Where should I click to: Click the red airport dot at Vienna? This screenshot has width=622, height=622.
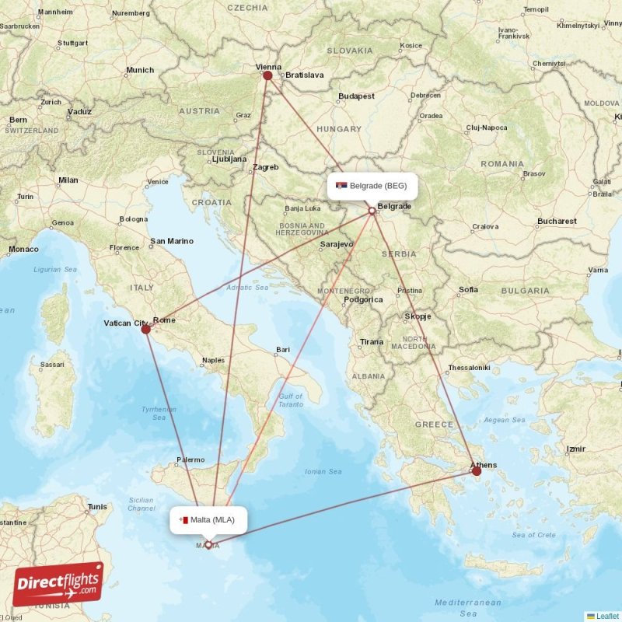click(x=267, y=75)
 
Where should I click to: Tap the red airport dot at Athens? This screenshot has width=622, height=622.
click(x=477, y=470)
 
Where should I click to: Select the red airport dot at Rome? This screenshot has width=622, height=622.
click(x=145, y=329)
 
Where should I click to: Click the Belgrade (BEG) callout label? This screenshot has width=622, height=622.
click(x=372, y=186)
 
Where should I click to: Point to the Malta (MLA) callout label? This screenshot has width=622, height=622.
click(x=208, y=520)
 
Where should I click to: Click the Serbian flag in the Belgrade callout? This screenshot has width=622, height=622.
click(x=341, y=186)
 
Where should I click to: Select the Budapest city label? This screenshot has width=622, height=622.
click(x=356, y=96)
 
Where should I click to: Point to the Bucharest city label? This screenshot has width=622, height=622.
click(x=557, y=222)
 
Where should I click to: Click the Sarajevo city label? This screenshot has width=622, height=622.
click(x=336, y=244)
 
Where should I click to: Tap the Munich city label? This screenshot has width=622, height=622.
click(x=140, y=71)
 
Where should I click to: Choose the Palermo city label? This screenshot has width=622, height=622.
click(x=190, y=460)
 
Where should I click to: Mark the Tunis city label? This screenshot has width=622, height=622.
click(x=98, y=507)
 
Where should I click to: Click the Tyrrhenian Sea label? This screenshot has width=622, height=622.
click(x=159, y=413)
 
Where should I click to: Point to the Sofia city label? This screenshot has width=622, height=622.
click(x=468, y=290)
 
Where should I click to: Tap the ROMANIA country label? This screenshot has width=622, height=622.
click(x=502, y=164)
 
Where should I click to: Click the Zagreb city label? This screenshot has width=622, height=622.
click(x=266, y=167)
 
